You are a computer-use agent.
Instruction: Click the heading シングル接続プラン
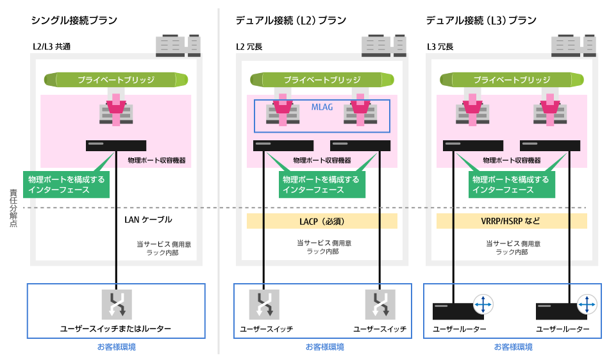click(74, 20)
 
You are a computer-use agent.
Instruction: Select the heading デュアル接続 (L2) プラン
click(291, 20)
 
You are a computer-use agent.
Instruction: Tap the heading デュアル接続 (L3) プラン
click(481, 20)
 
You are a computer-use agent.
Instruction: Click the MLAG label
click(322, 107)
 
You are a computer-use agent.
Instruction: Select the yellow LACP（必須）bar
click(322, 222)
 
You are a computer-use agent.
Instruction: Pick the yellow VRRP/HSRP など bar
click(511, 222)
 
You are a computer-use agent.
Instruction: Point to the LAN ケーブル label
click(148, 220)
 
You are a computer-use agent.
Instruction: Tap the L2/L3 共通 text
click(51, 46)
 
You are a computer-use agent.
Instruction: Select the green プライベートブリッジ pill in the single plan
click(116, 80)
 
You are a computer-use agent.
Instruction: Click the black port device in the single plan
click(116, 145)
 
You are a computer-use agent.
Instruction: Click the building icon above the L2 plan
click(383, 45)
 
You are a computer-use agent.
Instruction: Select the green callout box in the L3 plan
click(511, 184)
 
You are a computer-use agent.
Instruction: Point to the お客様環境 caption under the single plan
click(116, 347)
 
